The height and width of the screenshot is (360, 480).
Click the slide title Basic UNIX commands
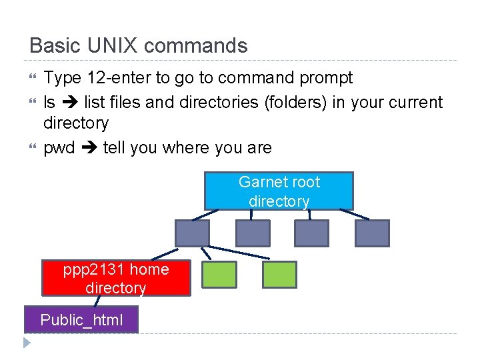pyautogui.click(x=139, y=45)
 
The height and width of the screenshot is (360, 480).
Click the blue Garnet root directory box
pyautogui.click(x=279, y=191)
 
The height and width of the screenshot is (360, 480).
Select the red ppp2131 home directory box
pyautogui.click(x=116, y=278)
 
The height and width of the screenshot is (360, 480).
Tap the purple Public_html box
pyautogui.click(x=81, y=319)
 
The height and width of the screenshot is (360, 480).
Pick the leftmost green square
pyautogui.click(x=219, y=274)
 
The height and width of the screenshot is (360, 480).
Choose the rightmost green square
pyautogui.click(x=279, y=274)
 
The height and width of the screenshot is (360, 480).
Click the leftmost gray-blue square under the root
pyautogui.click(x=192, y=233)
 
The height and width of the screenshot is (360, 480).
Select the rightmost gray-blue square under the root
pyautogui.click(x=372, y=233)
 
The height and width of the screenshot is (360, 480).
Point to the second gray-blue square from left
pyautogui.click(x=253, y=233)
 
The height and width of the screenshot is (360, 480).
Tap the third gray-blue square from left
pyautogui.click(x=312, y=233)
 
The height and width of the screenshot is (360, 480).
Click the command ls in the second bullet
pyautogui.click(x=49, y=102)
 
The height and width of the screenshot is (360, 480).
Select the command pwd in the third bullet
pyautogui.click(x=59, y=147)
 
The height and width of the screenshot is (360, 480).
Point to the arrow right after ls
pyautogui.click(x=69, y=103)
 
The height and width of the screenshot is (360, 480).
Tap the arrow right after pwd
pyautogui.click(x=89, y=148)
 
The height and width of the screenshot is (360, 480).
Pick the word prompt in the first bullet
pyautogui.click(x=327, y=78)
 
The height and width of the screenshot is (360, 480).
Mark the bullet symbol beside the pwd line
pyautogui.click(x=33, y=147)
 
